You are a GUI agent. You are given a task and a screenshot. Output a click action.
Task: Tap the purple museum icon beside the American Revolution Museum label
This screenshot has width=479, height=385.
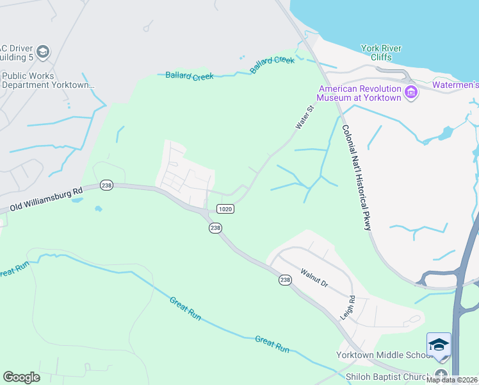click(x=412, y=94)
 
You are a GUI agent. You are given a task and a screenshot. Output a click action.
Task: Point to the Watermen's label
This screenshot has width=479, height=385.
click(x=456, y=84)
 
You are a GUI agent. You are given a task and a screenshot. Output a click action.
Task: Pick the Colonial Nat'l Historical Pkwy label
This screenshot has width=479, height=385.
click(x=357, y=177)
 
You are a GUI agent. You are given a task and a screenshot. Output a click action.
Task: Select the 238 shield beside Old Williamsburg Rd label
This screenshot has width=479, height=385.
click(x=106, y=185)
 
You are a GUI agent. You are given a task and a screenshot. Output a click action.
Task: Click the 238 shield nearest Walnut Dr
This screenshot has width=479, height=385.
click(x=285, y=279)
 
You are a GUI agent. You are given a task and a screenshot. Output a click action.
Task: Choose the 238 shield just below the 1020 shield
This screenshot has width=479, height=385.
click(x=216, y=228)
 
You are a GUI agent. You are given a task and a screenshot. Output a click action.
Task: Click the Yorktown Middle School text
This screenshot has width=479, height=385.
click(x=380, y=355)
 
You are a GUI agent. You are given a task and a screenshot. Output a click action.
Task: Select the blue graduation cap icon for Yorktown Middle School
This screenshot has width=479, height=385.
click(x=439, y=345)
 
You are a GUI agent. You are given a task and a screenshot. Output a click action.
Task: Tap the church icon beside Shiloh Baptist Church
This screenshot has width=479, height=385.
click(x=440, y=375)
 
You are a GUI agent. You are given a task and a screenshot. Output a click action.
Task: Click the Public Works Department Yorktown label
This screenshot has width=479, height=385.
click(x=48, y=80)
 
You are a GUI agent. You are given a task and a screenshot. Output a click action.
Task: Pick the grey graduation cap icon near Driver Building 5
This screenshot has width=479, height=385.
click(x=43, y=52)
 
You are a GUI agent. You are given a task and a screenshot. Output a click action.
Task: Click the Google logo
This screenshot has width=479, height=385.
click(x=22, y=377)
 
